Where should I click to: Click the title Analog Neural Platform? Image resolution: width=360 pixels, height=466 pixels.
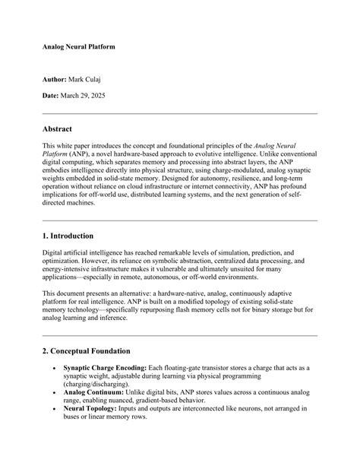coord(78,47)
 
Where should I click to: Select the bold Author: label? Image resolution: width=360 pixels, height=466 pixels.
coord(55,78)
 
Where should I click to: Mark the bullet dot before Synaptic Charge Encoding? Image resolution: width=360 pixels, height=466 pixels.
coord(53,369)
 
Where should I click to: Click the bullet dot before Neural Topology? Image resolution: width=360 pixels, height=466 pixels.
coord(53,408)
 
